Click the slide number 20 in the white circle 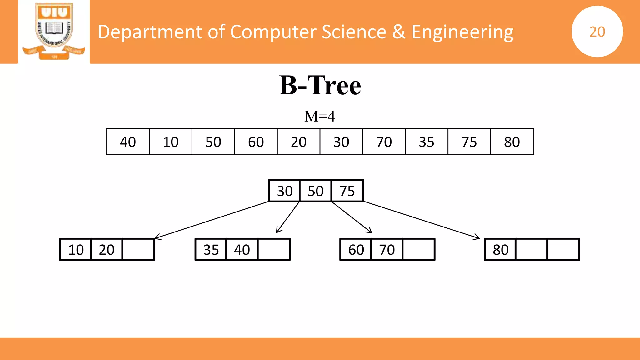597,32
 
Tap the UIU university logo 54,31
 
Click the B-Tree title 320,85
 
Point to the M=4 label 320,116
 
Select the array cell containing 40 128,142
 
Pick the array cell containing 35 427,142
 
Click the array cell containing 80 512,142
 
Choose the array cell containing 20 298,142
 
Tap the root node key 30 285,191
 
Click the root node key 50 316,191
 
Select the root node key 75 347,191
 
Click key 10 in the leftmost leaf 76,250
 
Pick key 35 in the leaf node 211,250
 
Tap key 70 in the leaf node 387,250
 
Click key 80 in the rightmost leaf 501,250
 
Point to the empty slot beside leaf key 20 138,250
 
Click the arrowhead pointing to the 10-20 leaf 157,238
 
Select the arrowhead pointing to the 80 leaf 477,238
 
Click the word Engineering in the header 462,32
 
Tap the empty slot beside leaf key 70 419,250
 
